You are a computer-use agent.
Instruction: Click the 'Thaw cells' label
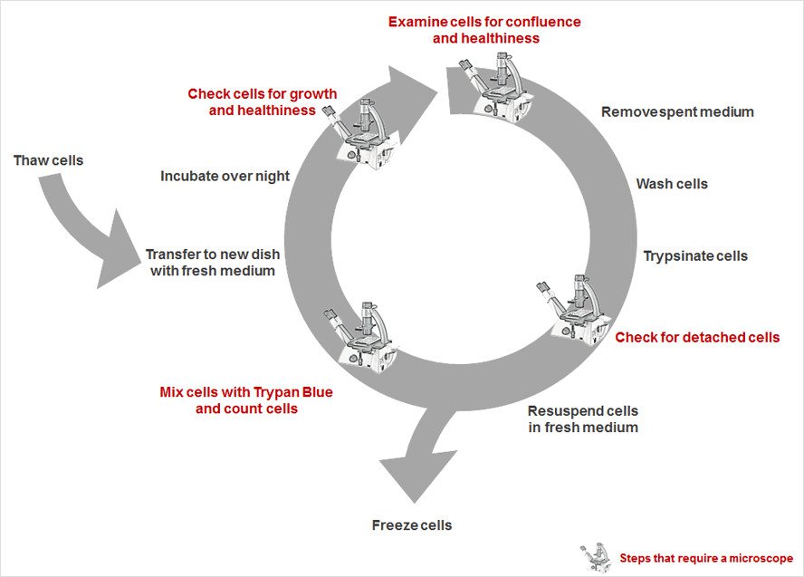pos(48,160)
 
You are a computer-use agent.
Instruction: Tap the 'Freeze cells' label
pos(411,525)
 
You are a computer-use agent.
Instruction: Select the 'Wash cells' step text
pos(672,184)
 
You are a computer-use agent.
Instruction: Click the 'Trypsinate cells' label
pos(695,255)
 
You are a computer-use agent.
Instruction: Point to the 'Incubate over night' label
pos(225,176)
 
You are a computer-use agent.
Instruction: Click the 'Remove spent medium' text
pos(677,112)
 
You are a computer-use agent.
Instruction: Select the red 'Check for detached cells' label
pos(697,337)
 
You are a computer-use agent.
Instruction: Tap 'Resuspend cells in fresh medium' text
pos(583,418)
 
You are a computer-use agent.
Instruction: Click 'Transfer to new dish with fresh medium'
pos(210,263)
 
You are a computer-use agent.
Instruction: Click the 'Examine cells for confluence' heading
pos(484,21)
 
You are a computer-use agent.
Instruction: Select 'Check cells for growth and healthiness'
pos(262,101)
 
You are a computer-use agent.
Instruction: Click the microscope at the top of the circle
pos(494,82)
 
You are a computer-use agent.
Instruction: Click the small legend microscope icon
pos(596,556)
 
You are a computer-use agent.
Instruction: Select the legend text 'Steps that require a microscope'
pos(706,558)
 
